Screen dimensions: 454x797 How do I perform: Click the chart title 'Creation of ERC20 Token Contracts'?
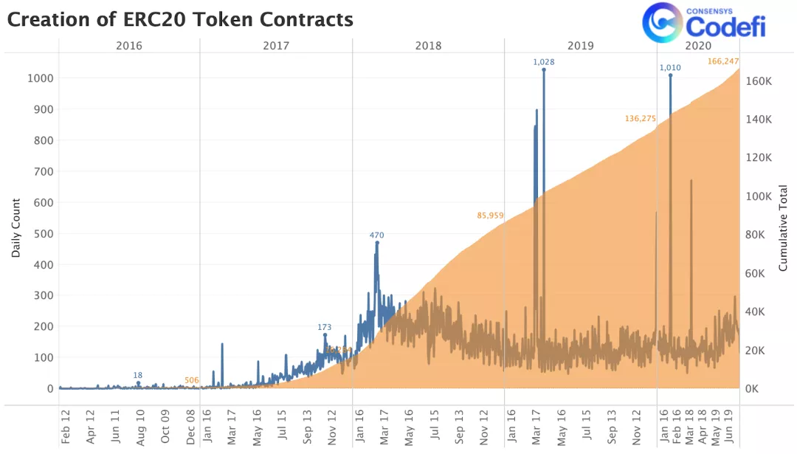click(x=180, y=20)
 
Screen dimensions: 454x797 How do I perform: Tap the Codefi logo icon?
click(x=661, y=22)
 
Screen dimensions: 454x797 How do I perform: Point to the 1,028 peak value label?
click(x=544, y=62)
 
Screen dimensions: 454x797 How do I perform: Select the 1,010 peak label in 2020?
click(x=670, y=68)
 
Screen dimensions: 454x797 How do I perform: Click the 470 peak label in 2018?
click(x=377, y=235)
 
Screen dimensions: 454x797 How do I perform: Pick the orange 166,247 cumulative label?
click(x=723, y=61)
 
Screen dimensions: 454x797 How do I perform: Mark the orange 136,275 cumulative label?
click(x=640, y=118)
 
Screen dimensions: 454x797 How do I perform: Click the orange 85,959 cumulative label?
click(x=490, y=216)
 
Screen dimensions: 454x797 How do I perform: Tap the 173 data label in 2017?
click(x=325, y=327)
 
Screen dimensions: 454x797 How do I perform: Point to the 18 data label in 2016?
click(x=138, y=375)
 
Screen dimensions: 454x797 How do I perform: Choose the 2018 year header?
click(x=428, y=46)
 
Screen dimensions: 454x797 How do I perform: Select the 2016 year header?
click(x=129, y=46)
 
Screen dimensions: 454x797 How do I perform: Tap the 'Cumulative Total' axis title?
click(x=784, y=227)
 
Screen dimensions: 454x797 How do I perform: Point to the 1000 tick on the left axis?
click(x=41, y=78)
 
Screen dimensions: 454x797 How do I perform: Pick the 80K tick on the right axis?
click(x=755, y=235)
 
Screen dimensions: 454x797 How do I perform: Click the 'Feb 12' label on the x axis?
click(x=65, y=427)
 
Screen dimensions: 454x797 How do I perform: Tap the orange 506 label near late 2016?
click(x=192, y=380)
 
